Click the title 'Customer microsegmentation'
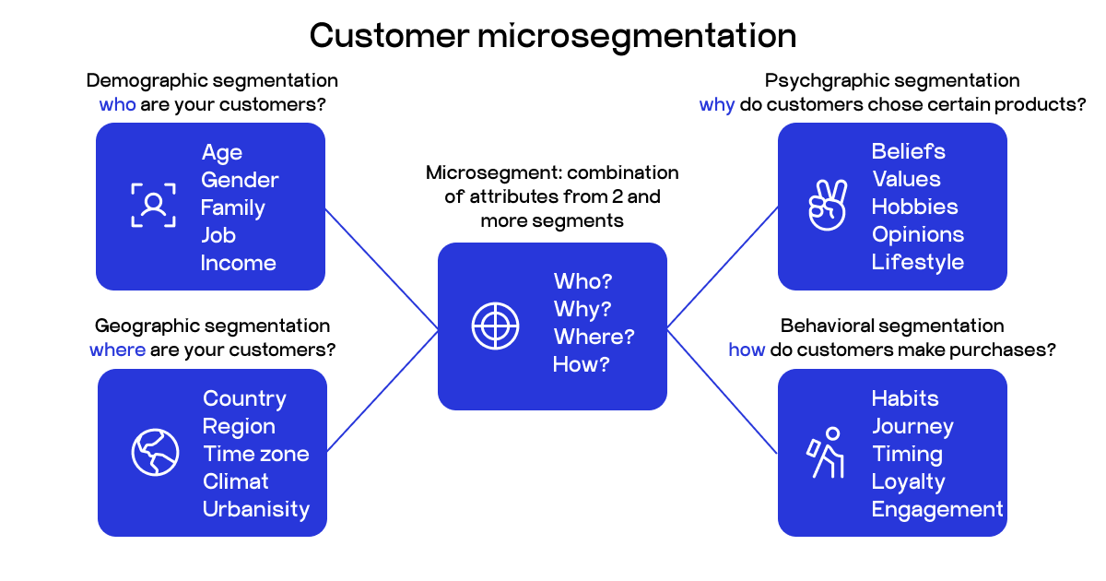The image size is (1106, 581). click(x=553, y=36)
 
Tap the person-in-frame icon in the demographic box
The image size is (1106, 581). click(x=153, y=205)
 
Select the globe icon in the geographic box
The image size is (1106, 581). click(x=155, y=452)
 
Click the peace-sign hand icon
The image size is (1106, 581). click(x=827, y=205)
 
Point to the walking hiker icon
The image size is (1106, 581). click(x=827, y=452)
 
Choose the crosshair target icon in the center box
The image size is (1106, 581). click(x=496, y=325)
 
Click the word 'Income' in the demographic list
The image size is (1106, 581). click(x=238, y=263)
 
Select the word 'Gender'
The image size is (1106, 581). click(x=240, y=180)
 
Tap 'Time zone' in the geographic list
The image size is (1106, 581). click(x=255, y=454)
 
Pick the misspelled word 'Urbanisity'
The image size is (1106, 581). click(x=255, y=509)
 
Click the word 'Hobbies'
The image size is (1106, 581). click(x=914, y=207)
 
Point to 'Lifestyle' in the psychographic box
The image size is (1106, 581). click(x=917, y=262)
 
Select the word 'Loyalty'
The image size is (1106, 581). click(x=908, y=481)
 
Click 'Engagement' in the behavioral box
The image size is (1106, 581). click(x=936, y=509)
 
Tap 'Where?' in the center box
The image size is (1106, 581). click(x=594, y=337)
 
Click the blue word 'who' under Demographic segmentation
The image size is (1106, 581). click(x=117, y=104)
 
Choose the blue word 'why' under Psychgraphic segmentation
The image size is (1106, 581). click(x=717, y=104)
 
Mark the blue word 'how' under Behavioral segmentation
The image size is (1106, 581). click(x=747, y=350)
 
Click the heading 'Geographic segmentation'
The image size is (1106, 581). click(x=212, y=326)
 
